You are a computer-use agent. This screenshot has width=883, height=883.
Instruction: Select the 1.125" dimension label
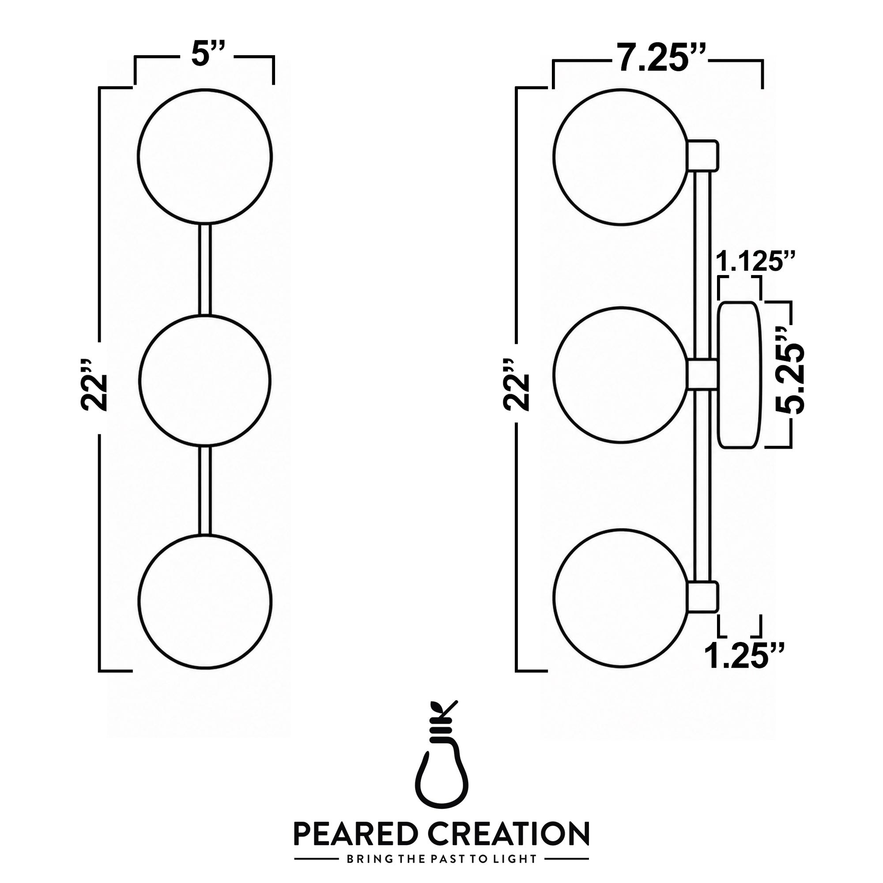click(755, 262)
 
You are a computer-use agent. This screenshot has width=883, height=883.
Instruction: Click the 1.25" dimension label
click(744, 655)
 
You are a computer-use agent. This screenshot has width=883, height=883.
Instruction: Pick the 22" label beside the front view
click(94, 385)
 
